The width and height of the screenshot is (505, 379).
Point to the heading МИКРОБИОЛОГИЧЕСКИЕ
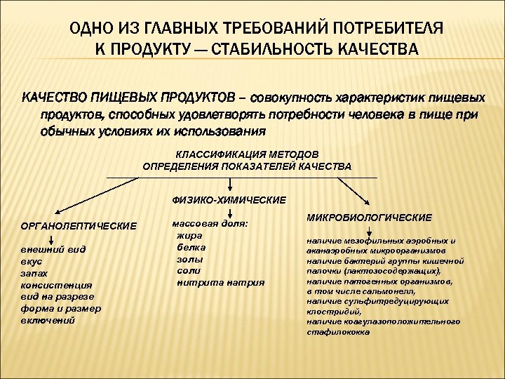click(369, 218)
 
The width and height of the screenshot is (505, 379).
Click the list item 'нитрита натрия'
click(220, 281)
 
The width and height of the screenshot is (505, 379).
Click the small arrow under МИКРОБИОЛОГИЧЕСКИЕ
click(370, 232)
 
